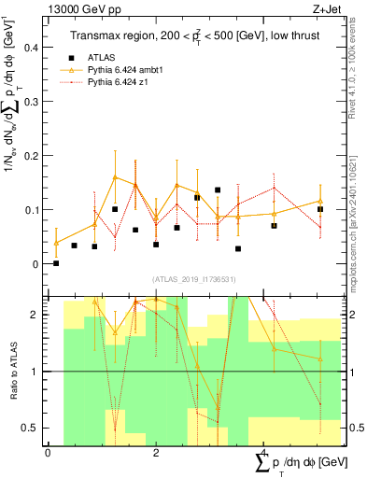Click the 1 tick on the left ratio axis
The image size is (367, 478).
click(39, 372)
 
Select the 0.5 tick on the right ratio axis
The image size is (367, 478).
click(352, 428)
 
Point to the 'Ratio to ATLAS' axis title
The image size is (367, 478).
click(14, 373)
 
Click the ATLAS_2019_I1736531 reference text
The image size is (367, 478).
click(193, 279)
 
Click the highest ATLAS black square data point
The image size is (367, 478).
click(218, 190)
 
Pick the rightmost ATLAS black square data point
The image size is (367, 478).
click(320, 209)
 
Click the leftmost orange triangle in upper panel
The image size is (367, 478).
click(56, 243)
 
